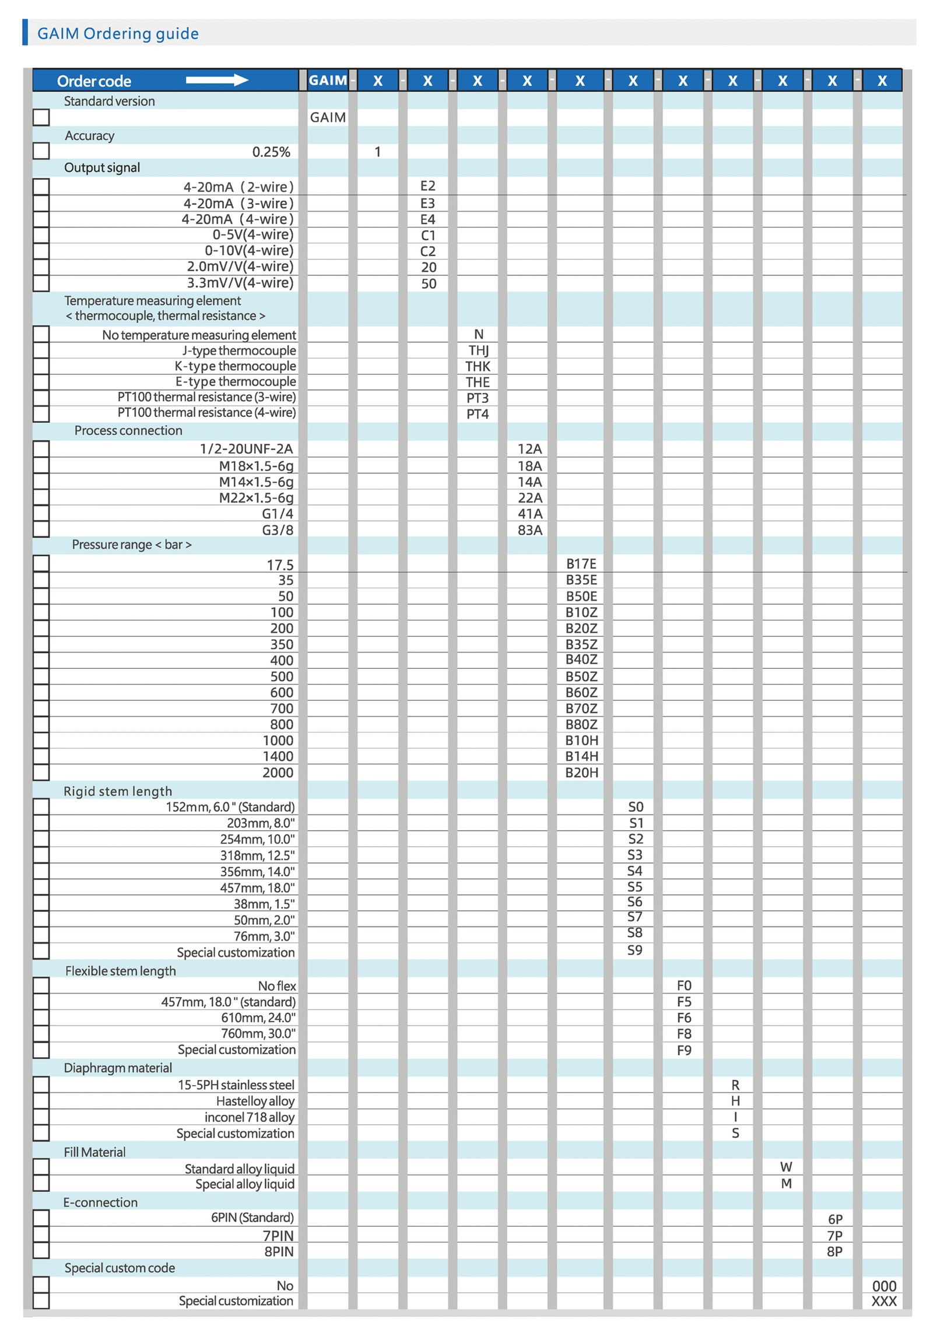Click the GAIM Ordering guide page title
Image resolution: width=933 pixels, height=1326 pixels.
[118, 33]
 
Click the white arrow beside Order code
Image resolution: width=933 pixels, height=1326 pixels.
[216, 80]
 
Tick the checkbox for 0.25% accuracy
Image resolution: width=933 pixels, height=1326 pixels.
[41, 150]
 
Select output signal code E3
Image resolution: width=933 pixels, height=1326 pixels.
[427, 203]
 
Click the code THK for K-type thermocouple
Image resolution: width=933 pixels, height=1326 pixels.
[477, 366]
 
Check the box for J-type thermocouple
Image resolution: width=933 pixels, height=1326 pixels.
[41, 350]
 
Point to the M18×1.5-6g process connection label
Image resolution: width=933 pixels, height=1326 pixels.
[256, 466]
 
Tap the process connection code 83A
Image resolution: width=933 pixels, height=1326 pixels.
[529, 530]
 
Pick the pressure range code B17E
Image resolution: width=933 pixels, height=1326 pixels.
[581, 564]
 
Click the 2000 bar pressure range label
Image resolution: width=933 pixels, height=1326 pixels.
[278, 773]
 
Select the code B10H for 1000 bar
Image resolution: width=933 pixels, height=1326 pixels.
[581, 741]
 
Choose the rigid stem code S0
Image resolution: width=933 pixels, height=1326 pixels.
[635, 807]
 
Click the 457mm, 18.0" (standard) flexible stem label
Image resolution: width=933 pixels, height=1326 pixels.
[228, 1002]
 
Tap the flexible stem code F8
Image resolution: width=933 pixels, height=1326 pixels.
[683, 1034]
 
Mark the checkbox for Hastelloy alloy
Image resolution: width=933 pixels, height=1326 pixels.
[41, 1101]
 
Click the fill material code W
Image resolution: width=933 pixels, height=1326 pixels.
[785, 1167]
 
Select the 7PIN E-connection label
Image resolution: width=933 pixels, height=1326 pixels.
[278, 1236]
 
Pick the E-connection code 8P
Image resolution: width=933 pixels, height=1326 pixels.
[834, 1251]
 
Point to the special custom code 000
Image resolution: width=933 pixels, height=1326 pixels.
[883, 1286]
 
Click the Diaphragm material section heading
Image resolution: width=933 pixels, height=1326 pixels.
[118, 1068]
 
